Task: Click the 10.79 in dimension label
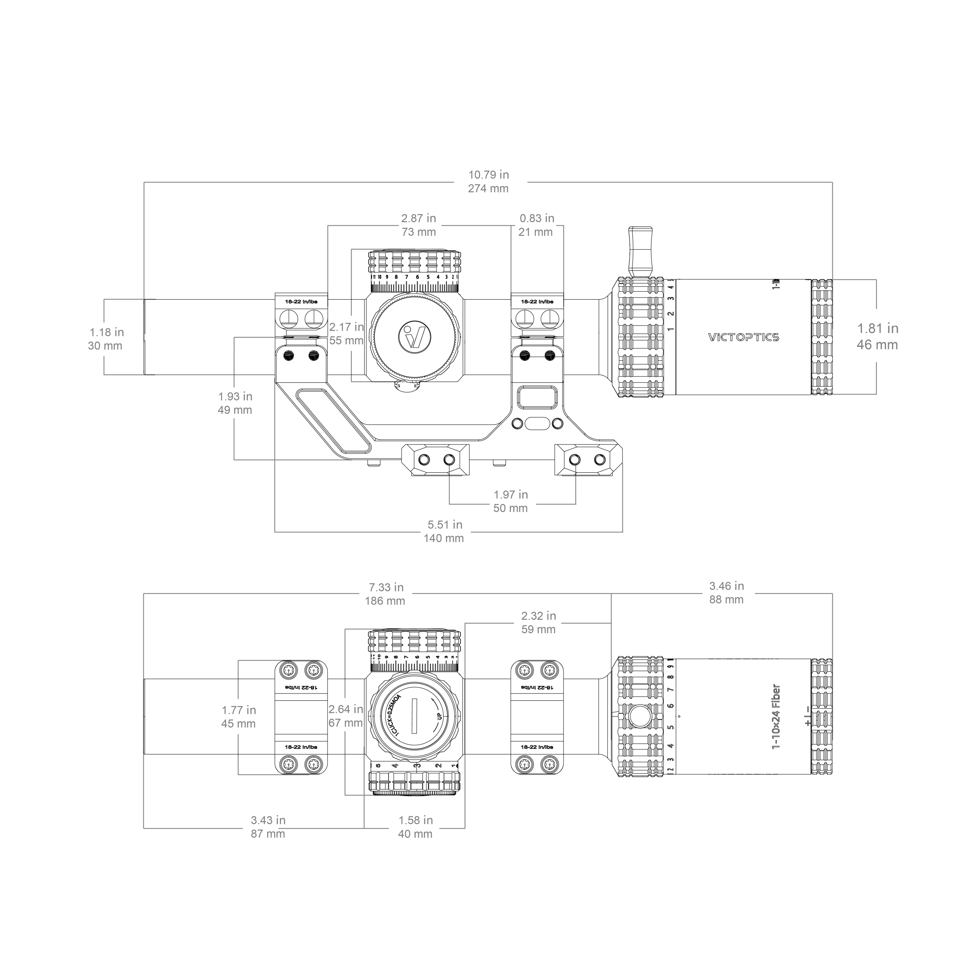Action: coord(488,175)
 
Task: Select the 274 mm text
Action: coord(488,188)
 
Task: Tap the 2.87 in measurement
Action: coord(418,218)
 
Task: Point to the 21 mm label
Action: coord(536,232)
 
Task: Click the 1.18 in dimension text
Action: coord(107,332)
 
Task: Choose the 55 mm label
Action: coord(346,340)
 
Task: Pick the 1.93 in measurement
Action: coord(235,396)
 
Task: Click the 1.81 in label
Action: coord(878,328)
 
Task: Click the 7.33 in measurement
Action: coord(386,588)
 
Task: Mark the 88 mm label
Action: coord(726,600)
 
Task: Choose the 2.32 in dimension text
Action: coord(539,616)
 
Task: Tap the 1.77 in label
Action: coord(238,710)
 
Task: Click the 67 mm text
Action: coord(345,723)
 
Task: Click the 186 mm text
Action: coord(385,601)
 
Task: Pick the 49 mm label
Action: coord(234,410)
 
